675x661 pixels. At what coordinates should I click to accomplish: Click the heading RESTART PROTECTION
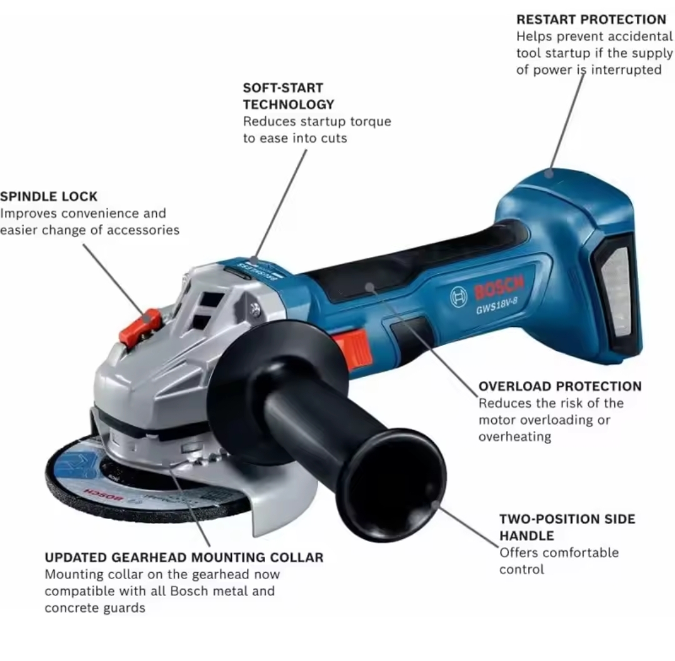(591, 20)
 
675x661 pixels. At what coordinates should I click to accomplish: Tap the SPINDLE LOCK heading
(49, 197)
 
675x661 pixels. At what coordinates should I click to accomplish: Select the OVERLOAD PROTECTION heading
(560, 386)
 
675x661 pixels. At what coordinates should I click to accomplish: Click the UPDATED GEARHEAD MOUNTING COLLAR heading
(184, 557)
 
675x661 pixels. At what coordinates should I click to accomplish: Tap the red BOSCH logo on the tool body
(499, 288)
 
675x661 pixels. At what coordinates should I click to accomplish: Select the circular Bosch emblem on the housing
(459, 297)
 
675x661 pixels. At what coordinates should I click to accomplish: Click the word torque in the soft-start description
(371, 122)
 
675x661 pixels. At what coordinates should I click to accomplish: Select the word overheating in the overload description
(515, 436)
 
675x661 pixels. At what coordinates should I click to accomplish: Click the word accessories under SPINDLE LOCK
(143, 230)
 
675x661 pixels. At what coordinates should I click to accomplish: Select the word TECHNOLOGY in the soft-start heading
(288, 104)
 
